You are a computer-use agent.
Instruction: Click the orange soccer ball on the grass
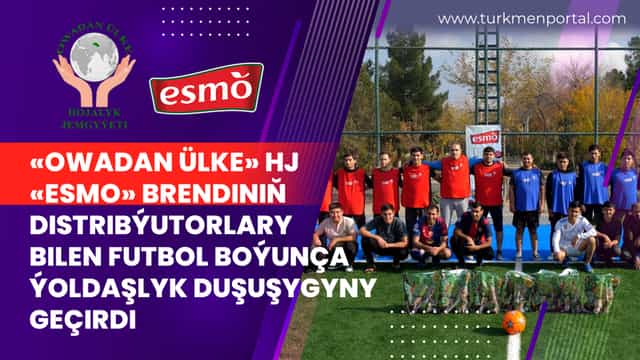513,322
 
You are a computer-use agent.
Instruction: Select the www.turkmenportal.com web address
531,18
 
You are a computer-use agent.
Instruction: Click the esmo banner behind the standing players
484,136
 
